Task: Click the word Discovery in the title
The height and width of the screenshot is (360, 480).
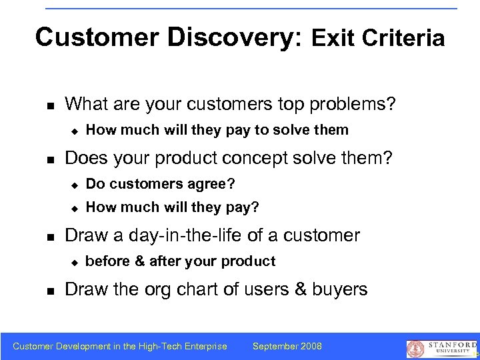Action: pyautogui.click(x=231, y=37)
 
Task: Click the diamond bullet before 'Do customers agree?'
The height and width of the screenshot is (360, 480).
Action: pyautogui.click(x=75, y=183)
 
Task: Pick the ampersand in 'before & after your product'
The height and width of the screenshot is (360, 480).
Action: pyautogui.click(x=140, y=261)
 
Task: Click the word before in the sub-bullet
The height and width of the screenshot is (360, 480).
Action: pyautogui.click(x=108, y=261)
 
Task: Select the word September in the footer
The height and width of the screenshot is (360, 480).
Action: pyautogui.click(x=274, y=346)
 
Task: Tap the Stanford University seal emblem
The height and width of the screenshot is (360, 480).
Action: pyautogui.click(x=415, y=348)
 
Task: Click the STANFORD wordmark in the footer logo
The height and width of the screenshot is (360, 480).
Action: pyautogui.click(x=450, y=344)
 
